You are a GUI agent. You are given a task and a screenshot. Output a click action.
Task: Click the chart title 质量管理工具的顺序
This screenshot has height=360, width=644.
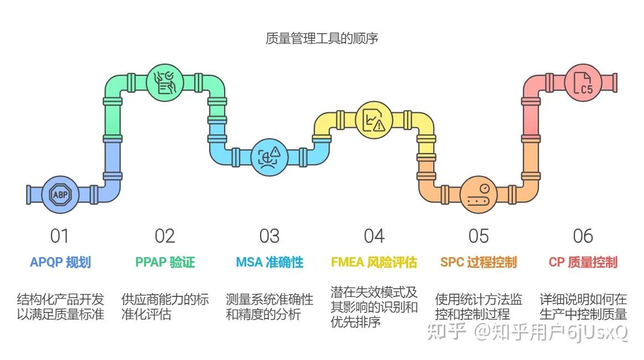[321, 39]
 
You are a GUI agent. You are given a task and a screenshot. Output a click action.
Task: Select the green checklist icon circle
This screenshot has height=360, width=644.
[165, 82]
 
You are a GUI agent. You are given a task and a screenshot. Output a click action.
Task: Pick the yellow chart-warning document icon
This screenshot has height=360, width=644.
[373, 119]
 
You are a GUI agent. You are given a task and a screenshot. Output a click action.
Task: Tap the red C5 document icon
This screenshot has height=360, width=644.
[583, 83]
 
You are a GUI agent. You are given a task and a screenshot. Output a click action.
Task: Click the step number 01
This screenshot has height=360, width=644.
[59, 236]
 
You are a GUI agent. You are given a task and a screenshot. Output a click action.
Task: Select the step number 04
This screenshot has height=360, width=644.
[374, 236]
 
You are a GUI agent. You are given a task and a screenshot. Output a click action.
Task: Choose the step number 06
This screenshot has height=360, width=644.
[583, 236]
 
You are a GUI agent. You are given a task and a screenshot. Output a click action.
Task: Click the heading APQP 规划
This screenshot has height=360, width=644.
[60, 262]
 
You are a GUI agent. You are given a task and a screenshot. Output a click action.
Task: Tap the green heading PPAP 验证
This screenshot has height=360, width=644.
[165, 262]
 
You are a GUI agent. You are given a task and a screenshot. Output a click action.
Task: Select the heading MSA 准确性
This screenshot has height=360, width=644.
[269, 262]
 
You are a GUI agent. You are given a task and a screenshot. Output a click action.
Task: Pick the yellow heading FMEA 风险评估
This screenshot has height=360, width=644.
[374, 262]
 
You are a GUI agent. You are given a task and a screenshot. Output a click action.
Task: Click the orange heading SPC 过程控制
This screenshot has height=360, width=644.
[479, 262]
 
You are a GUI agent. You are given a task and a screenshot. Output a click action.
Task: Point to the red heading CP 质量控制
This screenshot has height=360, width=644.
[583, 262]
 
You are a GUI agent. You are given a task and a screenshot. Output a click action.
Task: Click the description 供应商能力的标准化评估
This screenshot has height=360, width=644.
[165, 307]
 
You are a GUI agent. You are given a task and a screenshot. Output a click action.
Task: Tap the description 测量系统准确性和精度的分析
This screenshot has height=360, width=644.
[269, 307]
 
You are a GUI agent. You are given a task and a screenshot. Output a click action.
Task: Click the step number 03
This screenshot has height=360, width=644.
[269, 236]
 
